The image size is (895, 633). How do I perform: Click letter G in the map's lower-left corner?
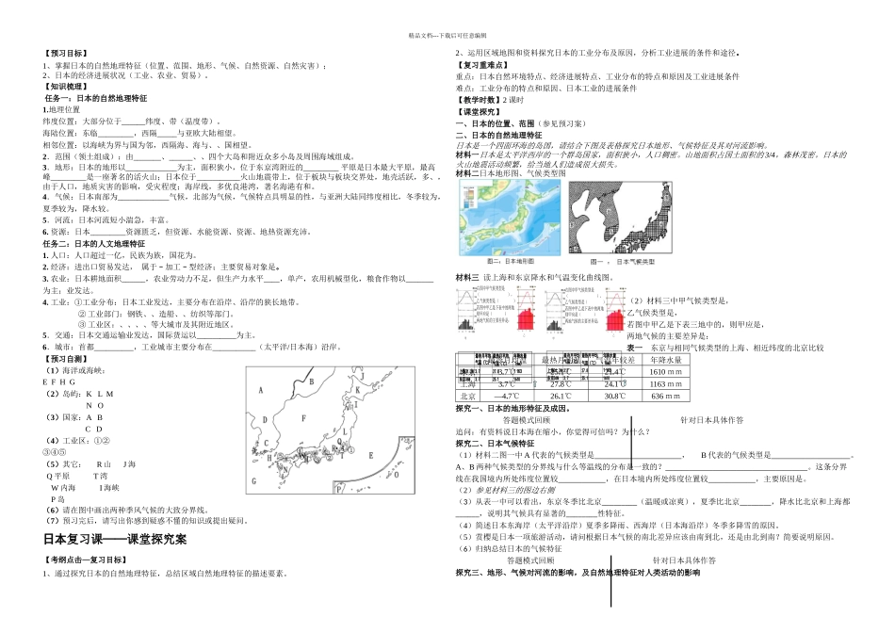(x=254, y=481)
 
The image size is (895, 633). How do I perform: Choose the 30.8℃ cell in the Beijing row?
(x=613, y=397)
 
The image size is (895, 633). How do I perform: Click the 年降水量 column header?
(x=673, y=359)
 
